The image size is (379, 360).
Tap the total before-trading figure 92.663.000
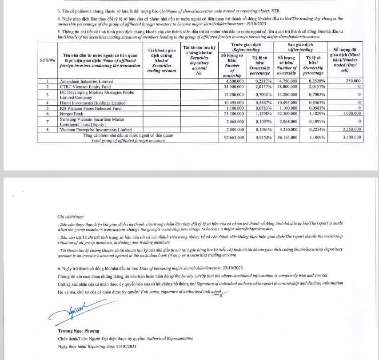coord(232,138)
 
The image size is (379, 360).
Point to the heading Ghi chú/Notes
coord(71,218)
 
